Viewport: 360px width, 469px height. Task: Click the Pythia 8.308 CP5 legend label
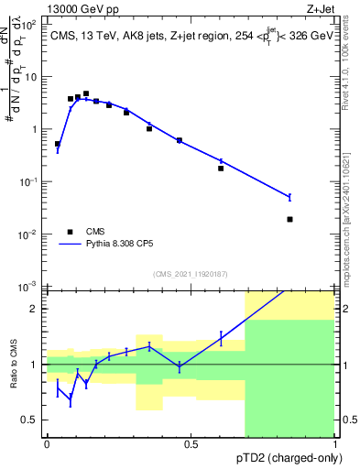pos(136,245)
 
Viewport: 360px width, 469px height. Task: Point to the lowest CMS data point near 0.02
pos(289,219)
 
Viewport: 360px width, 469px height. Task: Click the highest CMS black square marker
pos(86,93)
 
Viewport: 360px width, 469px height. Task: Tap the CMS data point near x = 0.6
pos(221,169)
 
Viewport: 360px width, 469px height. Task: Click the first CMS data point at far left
pos(58,144)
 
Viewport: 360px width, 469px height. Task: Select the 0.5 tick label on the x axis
pos(191,443)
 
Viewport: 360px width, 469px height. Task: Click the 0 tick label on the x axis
pos(47,443)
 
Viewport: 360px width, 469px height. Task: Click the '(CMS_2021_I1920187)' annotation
pos(191,273)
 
